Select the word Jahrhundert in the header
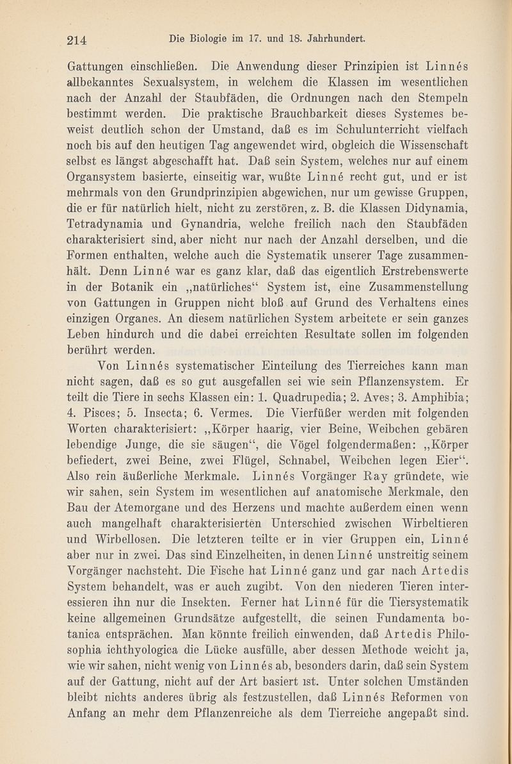pyautogui.click(x=335, y=38)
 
